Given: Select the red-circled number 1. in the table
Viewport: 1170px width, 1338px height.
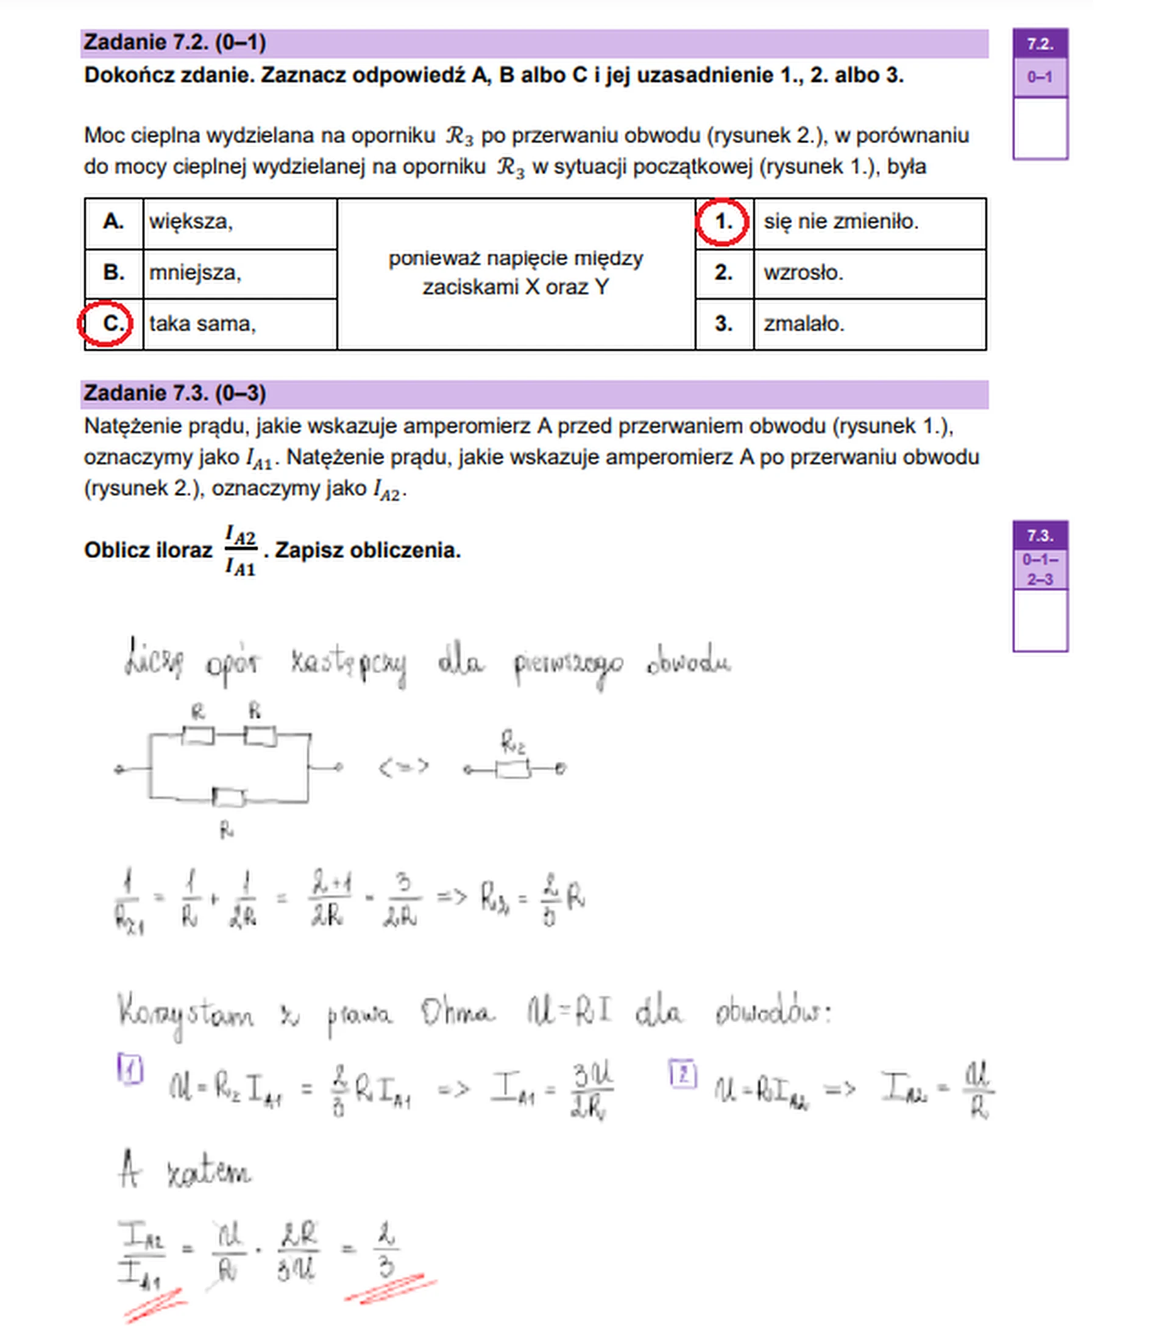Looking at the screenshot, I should (723, 222).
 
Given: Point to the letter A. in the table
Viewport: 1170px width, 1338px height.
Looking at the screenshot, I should (113, 222).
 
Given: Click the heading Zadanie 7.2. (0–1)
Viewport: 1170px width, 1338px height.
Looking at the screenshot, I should (175, 43).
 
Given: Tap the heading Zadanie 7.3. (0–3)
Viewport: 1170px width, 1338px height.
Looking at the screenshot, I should (175, 393).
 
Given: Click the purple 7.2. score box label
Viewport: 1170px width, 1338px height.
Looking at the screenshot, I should (1040, 44).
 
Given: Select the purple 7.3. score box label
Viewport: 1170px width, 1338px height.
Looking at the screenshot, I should (1040, 536).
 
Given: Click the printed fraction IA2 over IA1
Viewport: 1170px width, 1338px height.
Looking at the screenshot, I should (240, 550).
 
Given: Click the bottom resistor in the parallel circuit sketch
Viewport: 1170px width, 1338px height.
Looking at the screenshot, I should (229, 797).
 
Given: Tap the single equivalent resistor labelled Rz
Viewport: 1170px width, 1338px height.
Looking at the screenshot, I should (512, 770).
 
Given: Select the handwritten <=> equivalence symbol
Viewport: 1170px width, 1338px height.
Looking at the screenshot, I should (403, 766).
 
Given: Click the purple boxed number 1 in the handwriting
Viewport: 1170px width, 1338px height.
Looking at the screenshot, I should (130, 1069).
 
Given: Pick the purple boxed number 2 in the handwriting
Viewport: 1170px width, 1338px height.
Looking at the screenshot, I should (683, 1074).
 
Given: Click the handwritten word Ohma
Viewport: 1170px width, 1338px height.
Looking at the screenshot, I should (456, 1014).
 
